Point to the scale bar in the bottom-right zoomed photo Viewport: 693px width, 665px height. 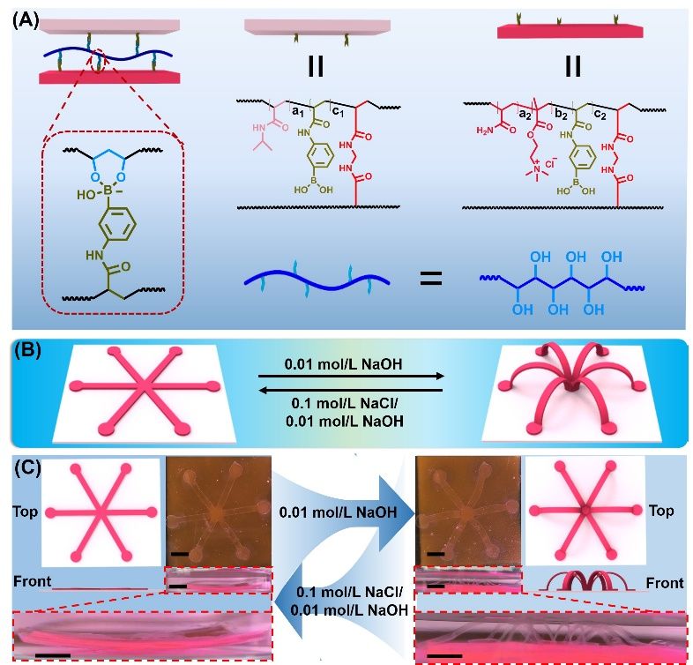click(447, 655)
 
